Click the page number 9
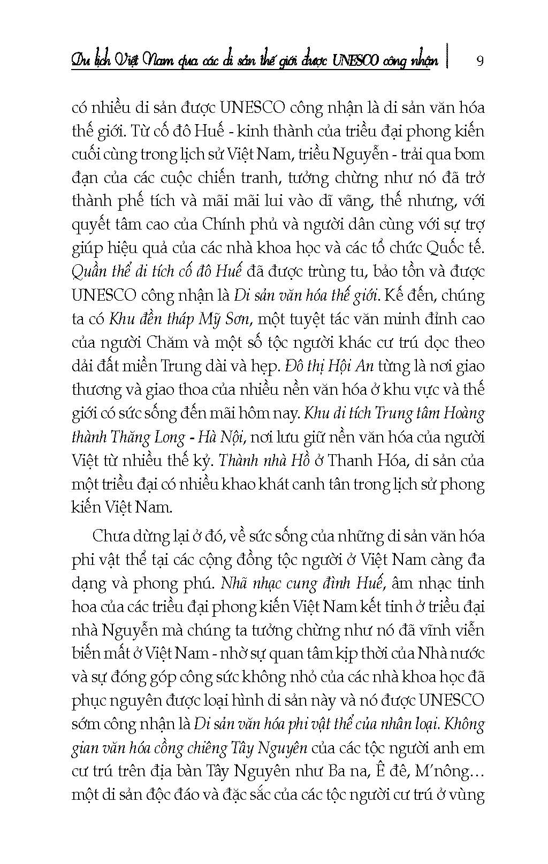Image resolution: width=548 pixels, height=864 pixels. pyautogui.click(x=479, y=60)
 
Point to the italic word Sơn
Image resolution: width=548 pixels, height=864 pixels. pyautogui.click(x=236, y=319)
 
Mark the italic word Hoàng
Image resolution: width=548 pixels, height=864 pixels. pyautogui.click(x=463, y=414)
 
